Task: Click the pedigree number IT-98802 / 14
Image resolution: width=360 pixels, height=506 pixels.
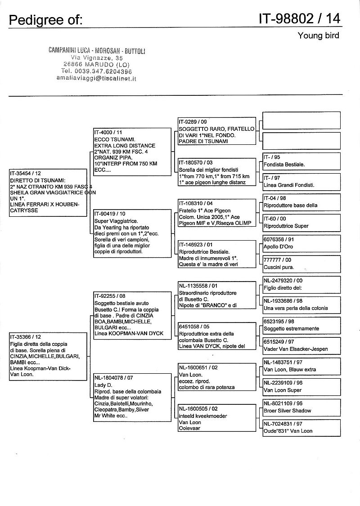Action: click(x=299, y=18)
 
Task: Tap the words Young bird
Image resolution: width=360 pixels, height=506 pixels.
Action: click(x=318, y=36)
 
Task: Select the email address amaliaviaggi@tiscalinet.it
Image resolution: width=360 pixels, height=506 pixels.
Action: click(x=96, y=78)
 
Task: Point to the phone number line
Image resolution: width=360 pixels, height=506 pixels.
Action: click(x=97, y=71)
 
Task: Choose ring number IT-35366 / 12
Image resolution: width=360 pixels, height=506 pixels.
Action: click(x=26, y=336)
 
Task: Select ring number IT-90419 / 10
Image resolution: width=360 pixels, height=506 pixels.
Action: click(x=110, y=214)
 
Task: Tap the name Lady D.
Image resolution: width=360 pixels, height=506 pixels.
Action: click(x=103, y=385)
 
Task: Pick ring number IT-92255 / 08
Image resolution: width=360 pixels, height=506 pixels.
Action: click(x=110, y=296)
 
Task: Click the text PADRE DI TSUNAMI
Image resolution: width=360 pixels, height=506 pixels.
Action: click(x=203, y=141)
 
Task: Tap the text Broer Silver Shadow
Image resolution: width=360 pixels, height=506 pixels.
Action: click(x=287, y=411)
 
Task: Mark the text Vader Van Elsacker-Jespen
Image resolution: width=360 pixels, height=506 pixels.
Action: click(x=295, y=349)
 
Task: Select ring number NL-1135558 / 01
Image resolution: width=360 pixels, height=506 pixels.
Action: click(x=198, y=286)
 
